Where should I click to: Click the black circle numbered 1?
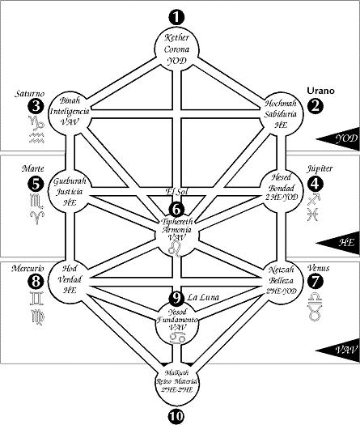(176, 16)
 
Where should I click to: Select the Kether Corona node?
(176, 48)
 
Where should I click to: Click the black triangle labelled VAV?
(336, 350)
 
